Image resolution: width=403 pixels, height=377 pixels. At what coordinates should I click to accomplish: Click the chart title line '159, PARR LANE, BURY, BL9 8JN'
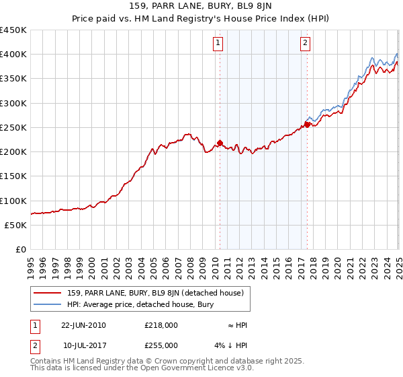tap(201, 7)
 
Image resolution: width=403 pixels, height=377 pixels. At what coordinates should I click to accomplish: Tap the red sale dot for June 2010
tap(220, 143)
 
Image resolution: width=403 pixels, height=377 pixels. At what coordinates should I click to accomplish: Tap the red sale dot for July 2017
tap(307, 125)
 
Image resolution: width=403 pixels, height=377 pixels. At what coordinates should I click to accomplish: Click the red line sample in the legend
tap(48, 293)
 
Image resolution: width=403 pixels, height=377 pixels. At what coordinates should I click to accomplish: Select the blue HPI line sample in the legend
tap(48, 304)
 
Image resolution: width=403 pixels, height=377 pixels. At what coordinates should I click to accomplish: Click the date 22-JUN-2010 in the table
tap(83, 325)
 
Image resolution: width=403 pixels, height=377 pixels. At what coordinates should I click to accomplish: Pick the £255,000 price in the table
tap(161, 345)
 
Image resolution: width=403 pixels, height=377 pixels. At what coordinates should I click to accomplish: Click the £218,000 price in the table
tap(161, 325)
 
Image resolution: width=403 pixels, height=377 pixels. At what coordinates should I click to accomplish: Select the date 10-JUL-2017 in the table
tap(83, 345)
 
